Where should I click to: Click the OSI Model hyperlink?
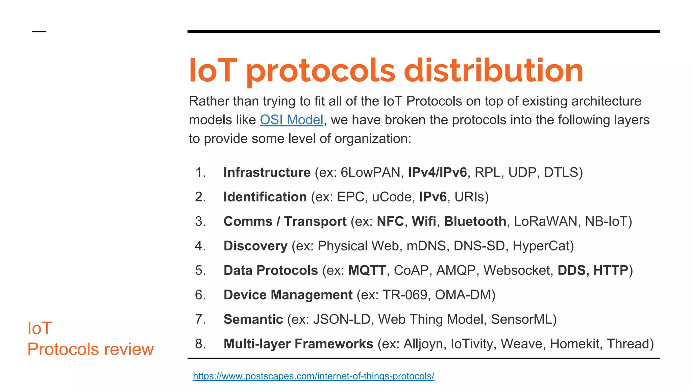click(x=291, y=120)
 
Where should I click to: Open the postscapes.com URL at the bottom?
click(x=313, y=376)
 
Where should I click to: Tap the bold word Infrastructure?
click(x=267, y=172)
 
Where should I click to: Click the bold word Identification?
click(x=265, y=197)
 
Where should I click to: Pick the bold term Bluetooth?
click(x=475, y=221)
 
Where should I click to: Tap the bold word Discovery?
click(x=255, y=246)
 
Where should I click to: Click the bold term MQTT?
click(x=367, y=270)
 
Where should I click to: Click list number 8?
click(x=200, y=344)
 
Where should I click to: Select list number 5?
click(x=200, y=270)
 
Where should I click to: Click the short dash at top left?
click(x=39, y=31)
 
